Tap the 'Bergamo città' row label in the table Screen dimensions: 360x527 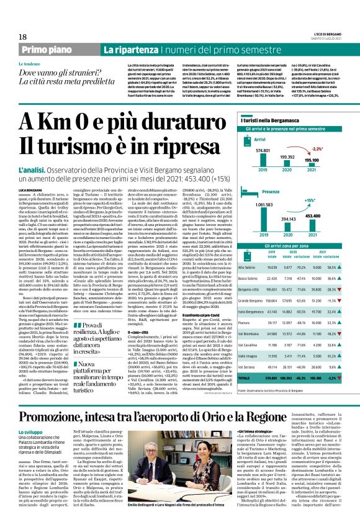250,289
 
